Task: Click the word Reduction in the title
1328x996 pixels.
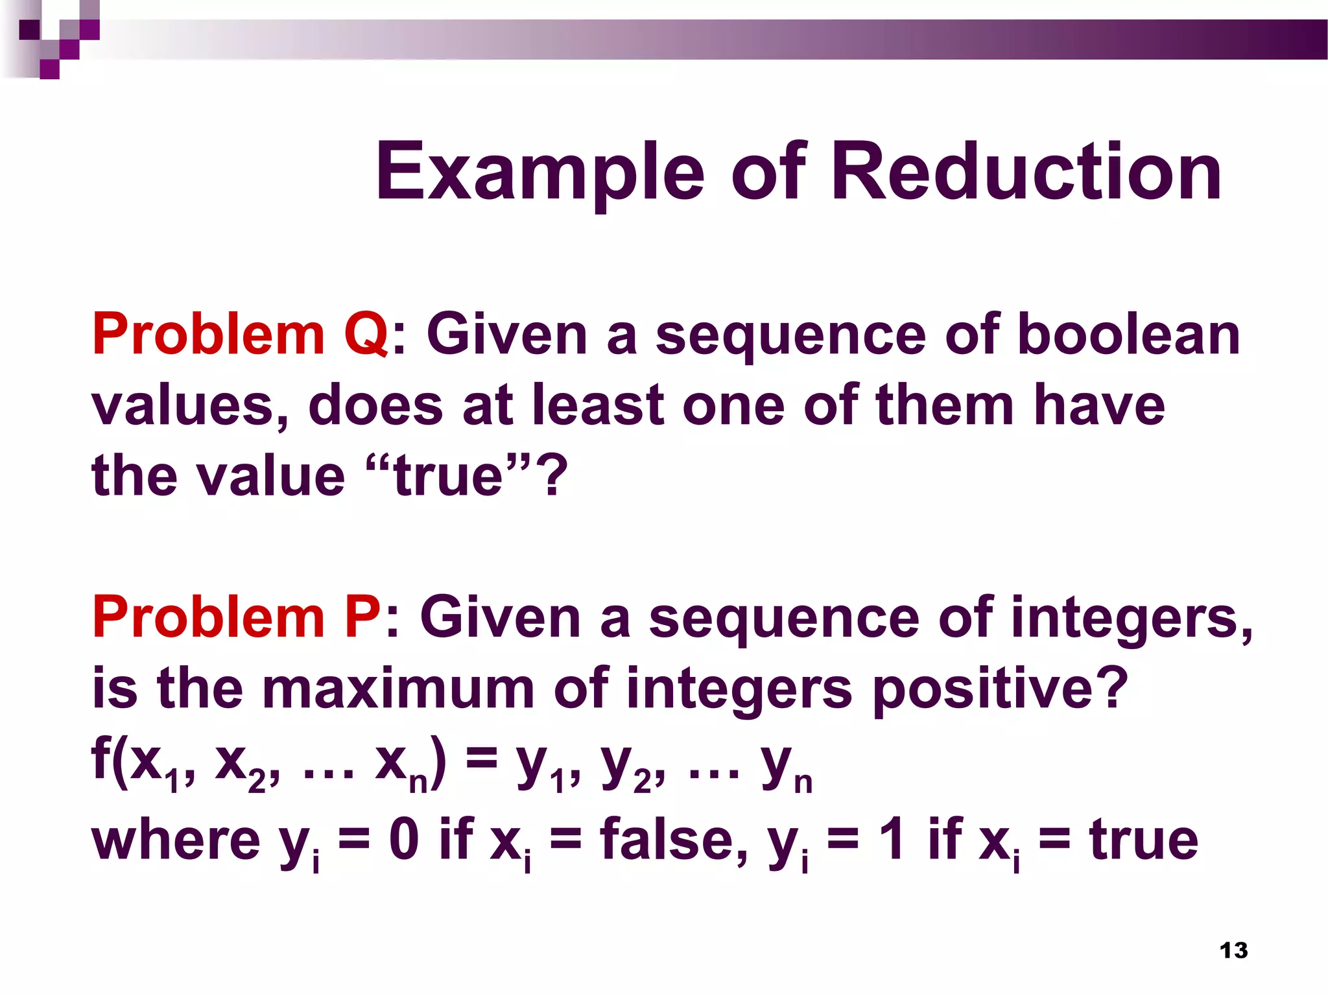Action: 1026,172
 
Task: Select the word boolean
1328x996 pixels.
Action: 1128,335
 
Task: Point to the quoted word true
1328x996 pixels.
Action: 448,477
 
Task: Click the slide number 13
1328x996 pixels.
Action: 1233,951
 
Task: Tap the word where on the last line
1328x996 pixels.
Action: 176,840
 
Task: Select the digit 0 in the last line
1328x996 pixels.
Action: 404,840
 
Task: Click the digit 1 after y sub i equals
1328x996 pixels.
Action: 893,840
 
